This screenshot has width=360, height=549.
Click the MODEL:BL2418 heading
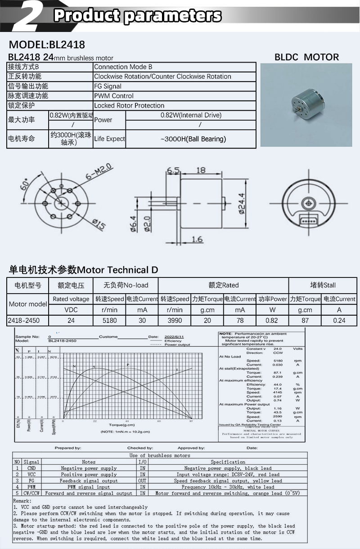(47, 45)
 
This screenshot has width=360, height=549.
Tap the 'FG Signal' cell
(108, 86)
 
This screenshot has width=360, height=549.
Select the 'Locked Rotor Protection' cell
(129, 105)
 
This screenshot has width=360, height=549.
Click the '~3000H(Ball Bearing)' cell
(193, 139)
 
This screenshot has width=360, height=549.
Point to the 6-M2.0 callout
(97, 173)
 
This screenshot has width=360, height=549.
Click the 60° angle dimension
(25, 184)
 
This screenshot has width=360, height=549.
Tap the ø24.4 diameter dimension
(241, 204)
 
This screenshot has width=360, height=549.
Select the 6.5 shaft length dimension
(173, 170)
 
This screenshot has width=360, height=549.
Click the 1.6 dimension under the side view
(197, 239)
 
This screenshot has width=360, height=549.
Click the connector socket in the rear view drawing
(308, 219)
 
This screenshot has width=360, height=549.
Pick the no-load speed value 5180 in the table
(109, 320)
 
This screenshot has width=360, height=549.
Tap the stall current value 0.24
(339, 320)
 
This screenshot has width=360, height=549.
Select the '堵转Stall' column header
(323, 285)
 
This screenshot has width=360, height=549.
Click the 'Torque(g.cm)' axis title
(122, 425)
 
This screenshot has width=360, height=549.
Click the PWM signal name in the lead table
(31, 487)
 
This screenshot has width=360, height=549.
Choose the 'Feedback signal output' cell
(89, 481)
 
